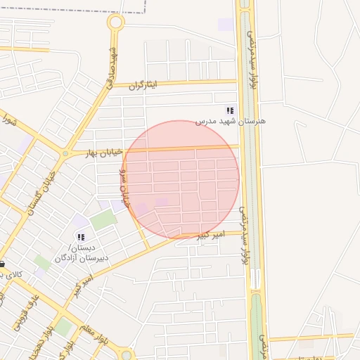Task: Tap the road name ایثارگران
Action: [143, 84]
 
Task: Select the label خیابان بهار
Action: [104, 152]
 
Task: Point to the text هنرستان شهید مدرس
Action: [229, 122]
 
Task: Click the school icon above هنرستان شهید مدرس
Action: [229, 110]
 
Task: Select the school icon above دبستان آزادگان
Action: [81, 238]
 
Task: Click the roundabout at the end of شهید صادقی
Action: [115, 22]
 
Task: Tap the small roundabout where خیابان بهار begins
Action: [65, 153]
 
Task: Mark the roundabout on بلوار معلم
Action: [127, 354]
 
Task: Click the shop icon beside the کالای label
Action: [3, 264]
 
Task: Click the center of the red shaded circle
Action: [180, 179]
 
